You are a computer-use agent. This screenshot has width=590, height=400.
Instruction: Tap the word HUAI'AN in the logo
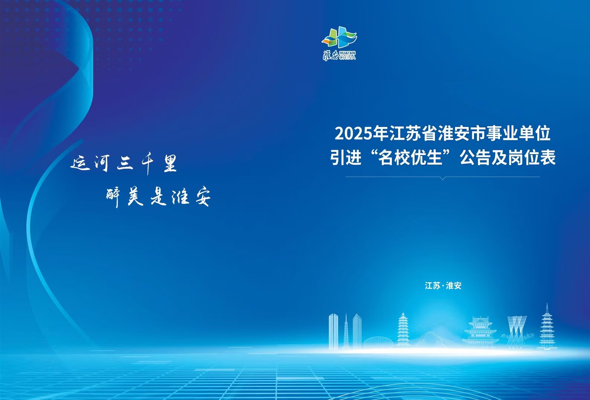(347, 53)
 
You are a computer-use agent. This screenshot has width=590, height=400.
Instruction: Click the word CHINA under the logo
(347, 57)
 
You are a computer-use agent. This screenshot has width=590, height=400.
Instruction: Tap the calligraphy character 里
(170, 163)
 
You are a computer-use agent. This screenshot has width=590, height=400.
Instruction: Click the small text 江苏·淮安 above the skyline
(443, 286)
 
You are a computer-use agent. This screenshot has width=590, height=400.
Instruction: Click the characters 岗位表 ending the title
(532, 158)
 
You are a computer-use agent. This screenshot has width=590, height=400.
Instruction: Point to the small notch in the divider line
(443, 178)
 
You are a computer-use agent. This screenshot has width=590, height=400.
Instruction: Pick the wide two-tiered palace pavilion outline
(480, 333)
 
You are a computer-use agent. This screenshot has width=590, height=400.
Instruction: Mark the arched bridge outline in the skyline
(437, 340)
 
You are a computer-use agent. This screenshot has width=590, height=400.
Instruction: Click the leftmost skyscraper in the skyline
(333, 332)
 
